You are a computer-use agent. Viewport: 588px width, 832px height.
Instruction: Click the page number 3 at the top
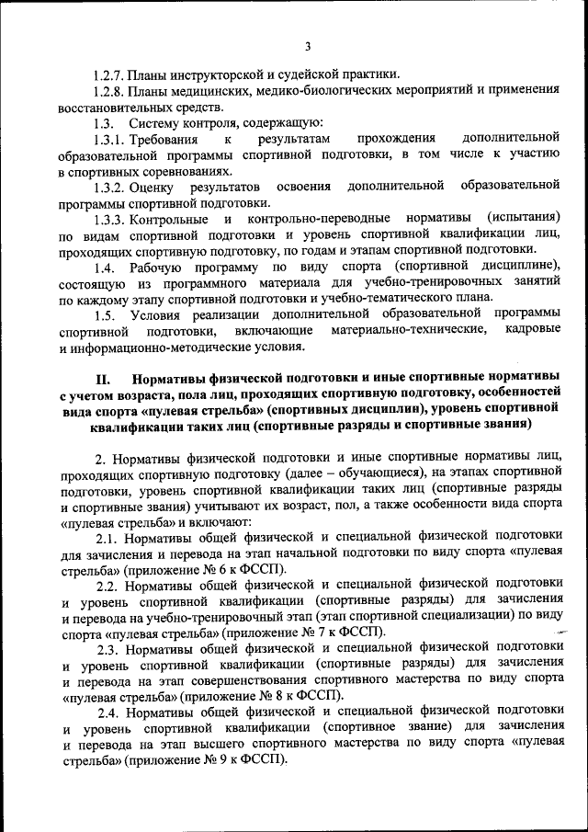tap(309, 46)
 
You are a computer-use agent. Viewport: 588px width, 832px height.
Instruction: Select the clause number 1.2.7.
tap(109, 74)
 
